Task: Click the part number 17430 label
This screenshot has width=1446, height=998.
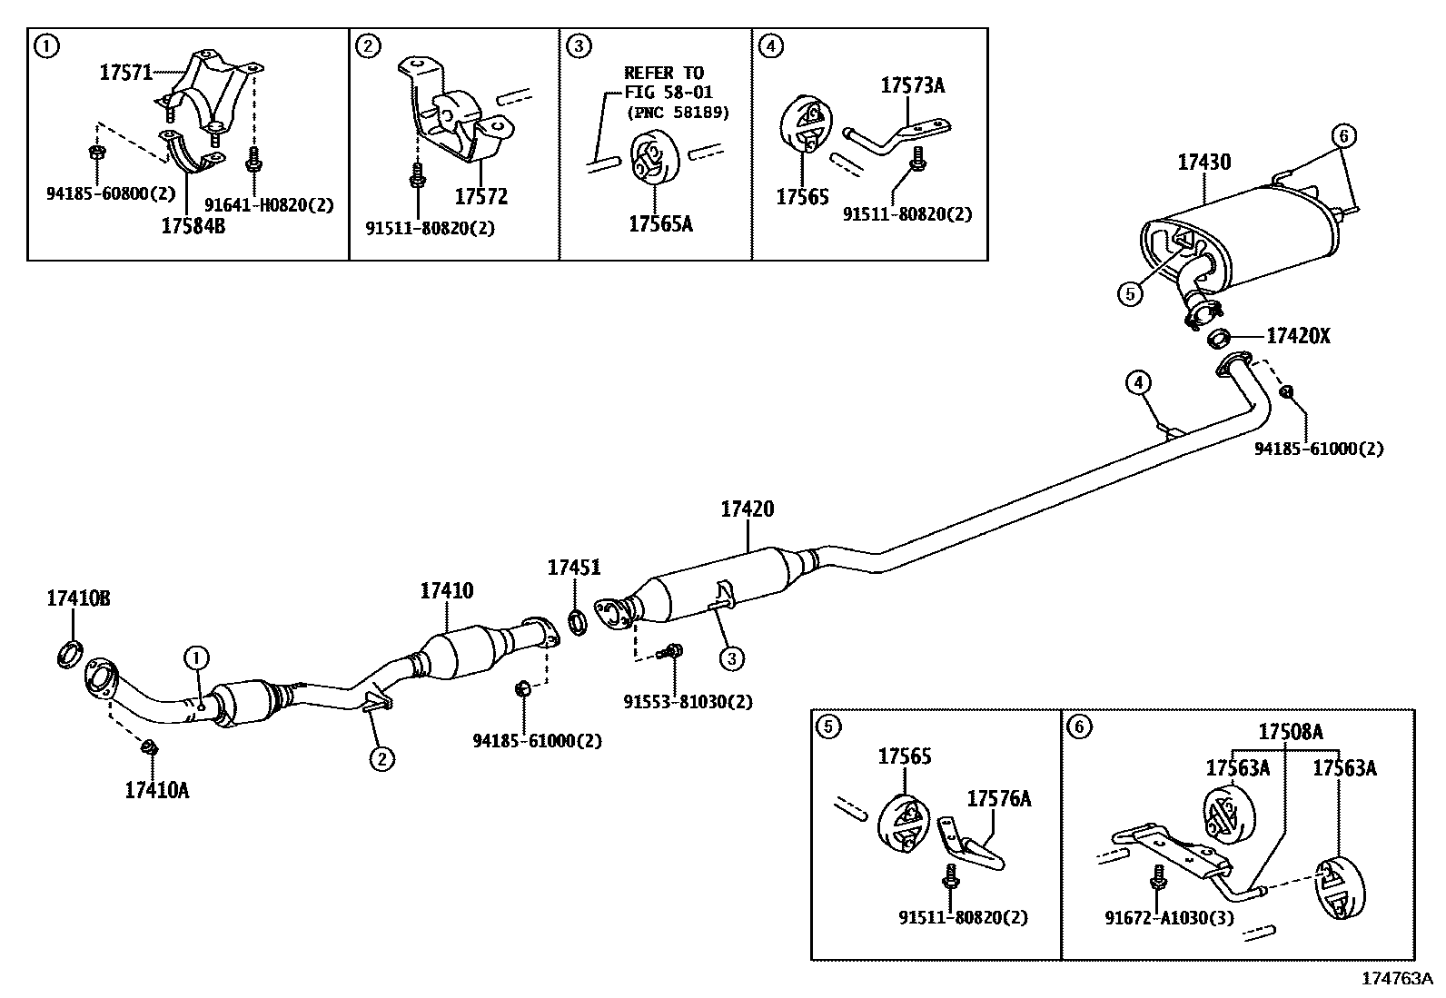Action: (1204, 163)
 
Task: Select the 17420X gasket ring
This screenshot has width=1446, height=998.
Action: (1220, 339)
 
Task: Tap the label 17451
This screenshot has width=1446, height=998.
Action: (573, 568)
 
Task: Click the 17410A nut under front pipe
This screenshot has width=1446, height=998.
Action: (148, 748)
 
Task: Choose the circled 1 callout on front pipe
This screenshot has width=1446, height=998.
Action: (197, 657)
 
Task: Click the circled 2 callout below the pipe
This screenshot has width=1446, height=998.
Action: (381, 757)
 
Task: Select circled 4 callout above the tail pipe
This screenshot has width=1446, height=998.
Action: (1139, 383)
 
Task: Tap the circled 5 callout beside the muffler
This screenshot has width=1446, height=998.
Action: (1129, 293)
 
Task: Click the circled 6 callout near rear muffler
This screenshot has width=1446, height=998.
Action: (1345, 137)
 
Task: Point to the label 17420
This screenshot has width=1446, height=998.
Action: (748, 509)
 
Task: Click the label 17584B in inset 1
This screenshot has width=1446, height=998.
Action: (193, 226)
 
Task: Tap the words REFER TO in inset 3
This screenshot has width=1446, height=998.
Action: (664, 73)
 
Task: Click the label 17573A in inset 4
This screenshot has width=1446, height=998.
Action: (912, 85)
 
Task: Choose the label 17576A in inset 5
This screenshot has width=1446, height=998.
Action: (998, 798)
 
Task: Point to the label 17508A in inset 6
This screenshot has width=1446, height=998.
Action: (1290, 732)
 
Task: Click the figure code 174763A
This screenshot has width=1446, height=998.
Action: (1396, 978)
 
